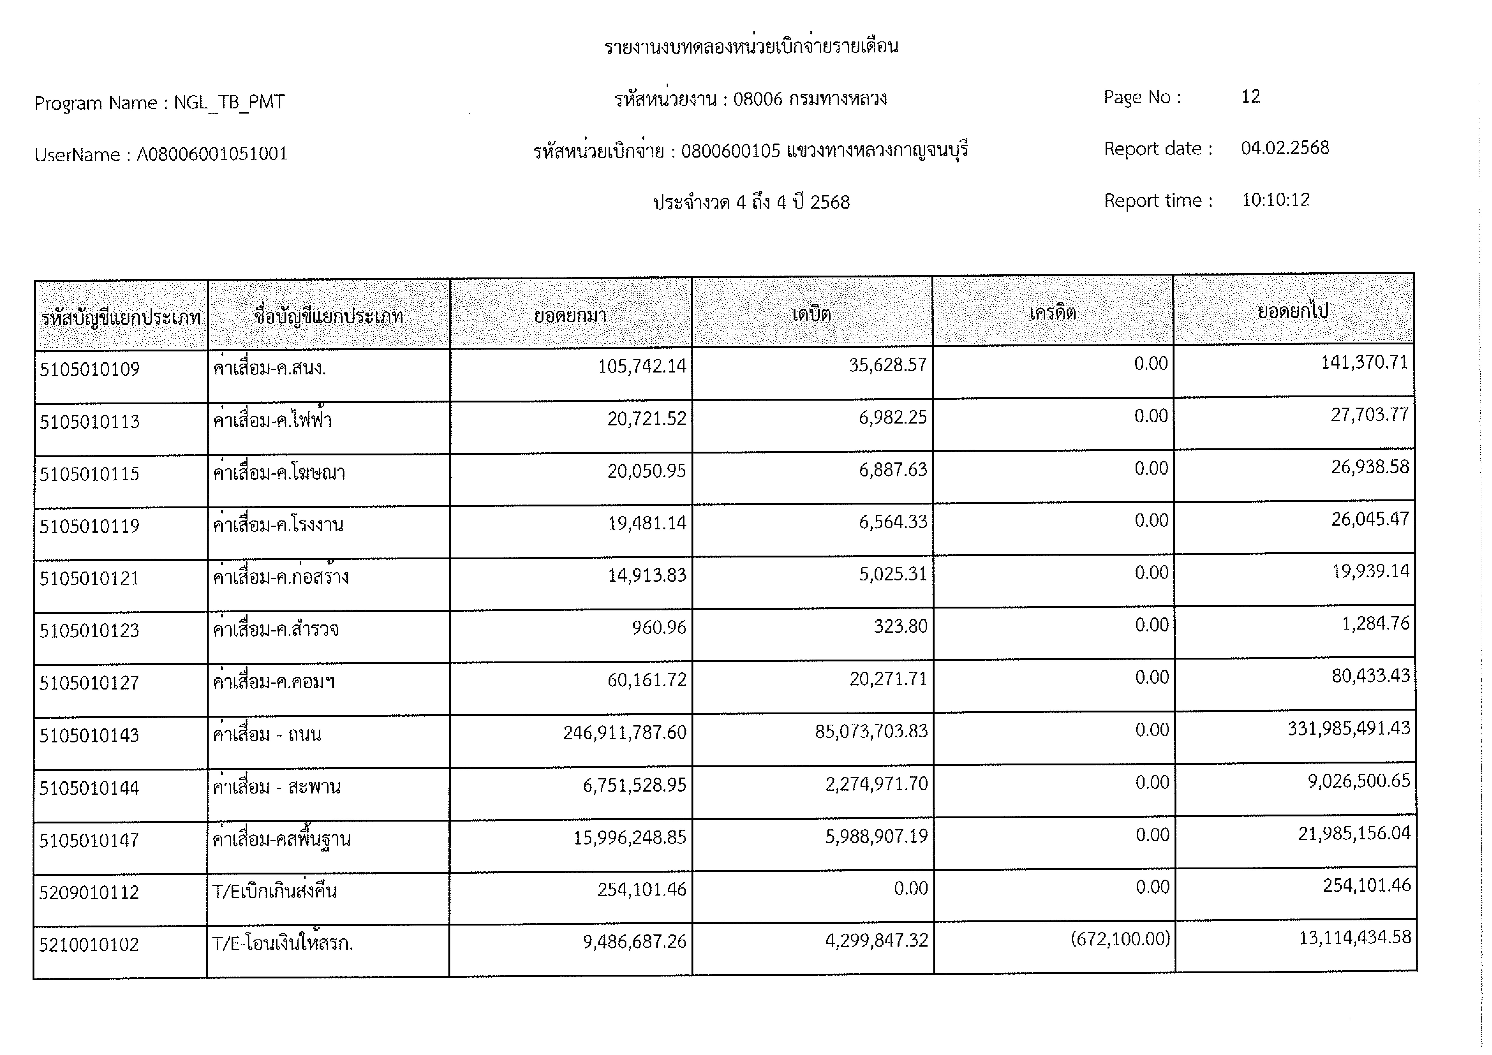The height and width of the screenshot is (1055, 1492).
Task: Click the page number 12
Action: [x=1250, y=97]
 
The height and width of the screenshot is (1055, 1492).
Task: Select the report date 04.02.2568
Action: [x=1285, y=148]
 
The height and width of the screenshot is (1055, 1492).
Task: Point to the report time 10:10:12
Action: [x=1276, y=200]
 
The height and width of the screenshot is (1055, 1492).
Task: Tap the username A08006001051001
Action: [x=212, y=154]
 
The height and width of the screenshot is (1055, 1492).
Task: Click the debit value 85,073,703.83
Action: [x=871, y=731]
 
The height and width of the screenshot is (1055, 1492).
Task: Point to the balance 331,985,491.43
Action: [x=1349, y=728]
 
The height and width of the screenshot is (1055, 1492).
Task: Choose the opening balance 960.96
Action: [x=659, y=628]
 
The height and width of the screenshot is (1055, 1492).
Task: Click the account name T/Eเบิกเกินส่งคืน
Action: [x=274, y=891]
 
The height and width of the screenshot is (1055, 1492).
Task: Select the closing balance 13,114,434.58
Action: [x=1355, y=937]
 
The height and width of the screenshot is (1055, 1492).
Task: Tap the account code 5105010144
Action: [x=89, y=788]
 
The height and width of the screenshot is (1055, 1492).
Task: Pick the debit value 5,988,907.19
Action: [x=877, y=836]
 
